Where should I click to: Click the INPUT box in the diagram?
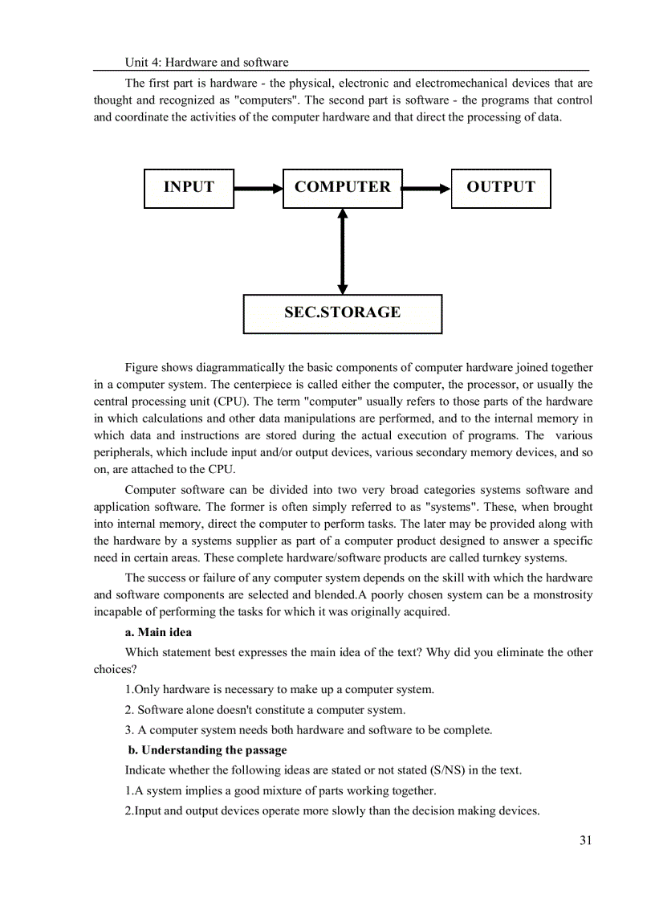[189, 188]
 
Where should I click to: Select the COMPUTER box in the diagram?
[342, 188]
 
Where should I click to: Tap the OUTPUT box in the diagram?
[501, 188]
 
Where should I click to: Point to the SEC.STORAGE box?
[342, 313]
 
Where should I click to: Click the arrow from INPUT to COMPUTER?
[258, 189]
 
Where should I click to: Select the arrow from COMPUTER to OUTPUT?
[426, 189]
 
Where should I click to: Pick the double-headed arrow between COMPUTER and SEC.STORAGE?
[343, 251]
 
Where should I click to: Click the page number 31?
[585, 840]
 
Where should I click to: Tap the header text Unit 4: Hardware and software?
[206, 62]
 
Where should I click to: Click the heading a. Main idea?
[158, 632]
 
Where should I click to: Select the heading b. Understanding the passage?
[208, 750]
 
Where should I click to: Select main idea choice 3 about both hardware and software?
[308, 730]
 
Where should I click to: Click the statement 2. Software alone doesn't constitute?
[265, 710]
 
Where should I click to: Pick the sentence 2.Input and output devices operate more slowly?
[332, 810]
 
